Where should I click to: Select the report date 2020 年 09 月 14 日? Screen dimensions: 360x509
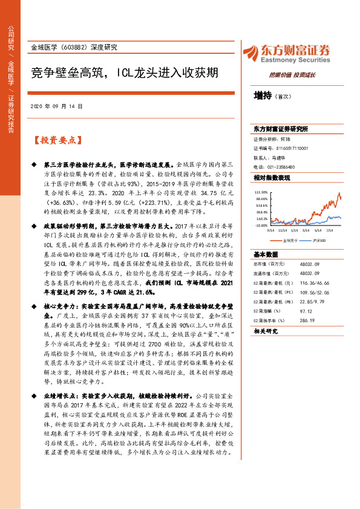click(x=56, y=106)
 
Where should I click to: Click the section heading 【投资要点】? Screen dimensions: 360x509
click(x=57, y=141)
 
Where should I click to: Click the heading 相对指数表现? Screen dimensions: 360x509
click(x=272, y=178)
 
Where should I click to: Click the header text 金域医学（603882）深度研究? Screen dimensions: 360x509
click(x=73, y=47)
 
